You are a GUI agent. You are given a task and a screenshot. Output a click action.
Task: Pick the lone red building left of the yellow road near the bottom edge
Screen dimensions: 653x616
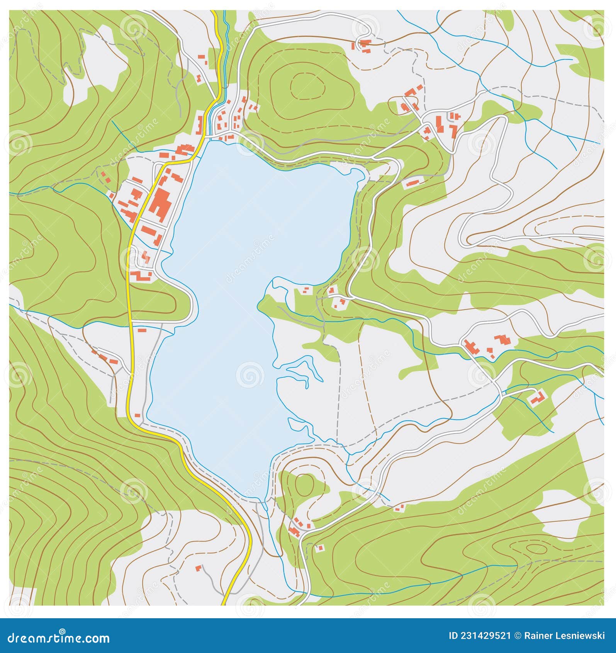point(199,568)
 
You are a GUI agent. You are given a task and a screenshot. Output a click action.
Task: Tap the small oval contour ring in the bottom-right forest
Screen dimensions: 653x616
point(535,549)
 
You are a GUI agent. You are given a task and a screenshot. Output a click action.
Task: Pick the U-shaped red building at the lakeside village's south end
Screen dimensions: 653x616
point(141,276)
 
